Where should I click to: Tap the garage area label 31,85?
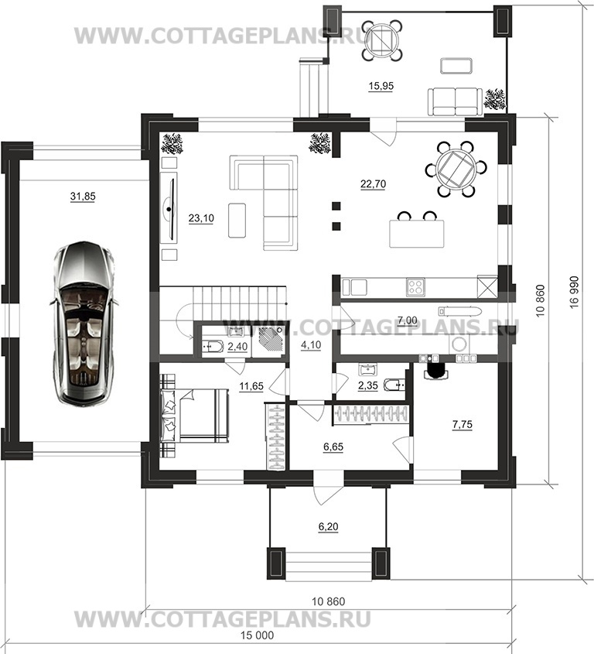pos(83,196)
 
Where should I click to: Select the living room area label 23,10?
pos(201,218)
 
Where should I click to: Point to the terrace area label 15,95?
pos(381,86)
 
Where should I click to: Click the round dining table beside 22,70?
pos(456,169)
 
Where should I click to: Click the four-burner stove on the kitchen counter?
pos(415,287)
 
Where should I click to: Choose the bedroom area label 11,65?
pos(251,386)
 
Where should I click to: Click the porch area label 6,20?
pos(328,527)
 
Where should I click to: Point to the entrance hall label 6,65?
pos(333,447)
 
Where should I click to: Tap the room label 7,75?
pos(462,425)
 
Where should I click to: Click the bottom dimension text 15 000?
pos(258,635)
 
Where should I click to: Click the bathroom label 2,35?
pos(367,385)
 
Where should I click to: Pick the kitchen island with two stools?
pos(416,230)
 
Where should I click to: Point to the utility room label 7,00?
pos(408,320)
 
